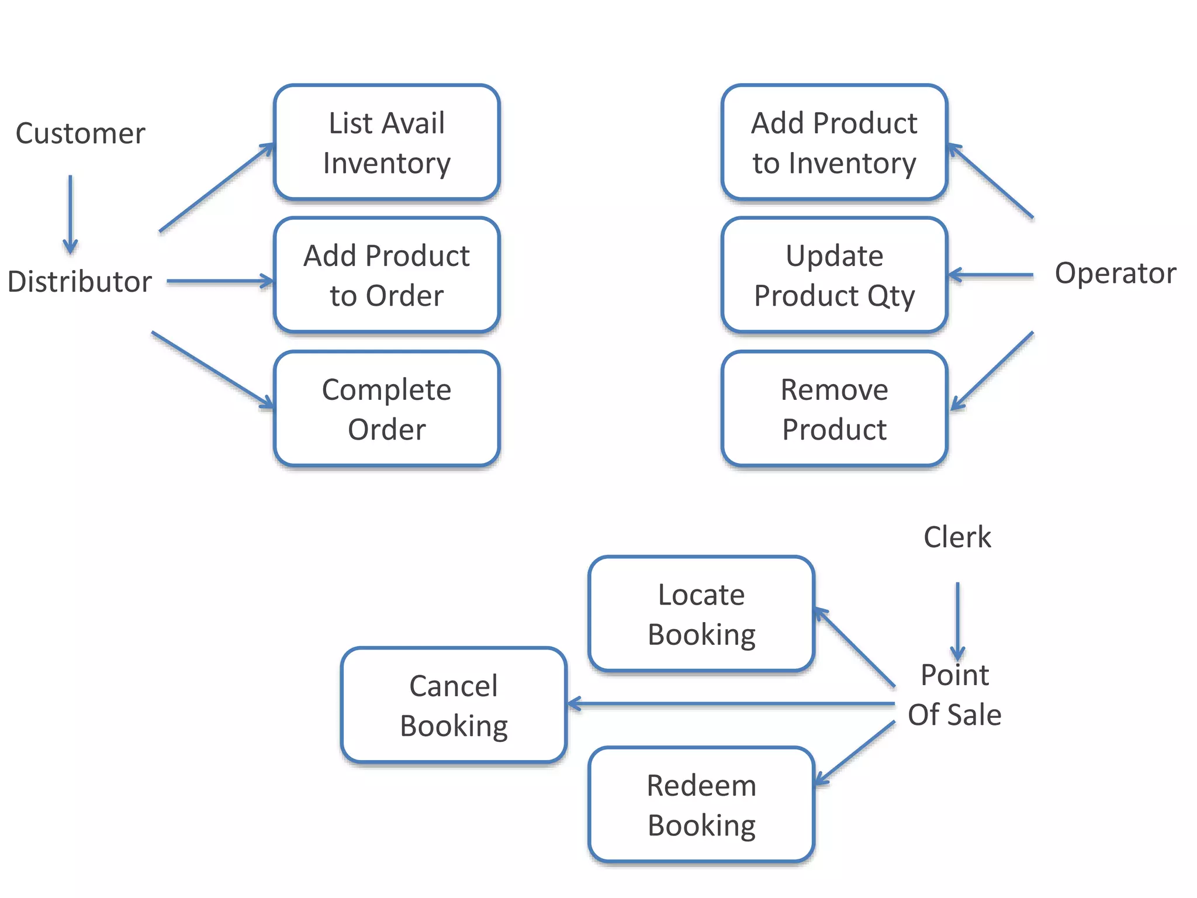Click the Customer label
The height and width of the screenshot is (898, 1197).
80,134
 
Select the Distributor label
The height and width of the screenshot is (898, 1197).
79,282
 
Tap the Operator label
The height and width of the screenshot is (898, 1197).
1115,274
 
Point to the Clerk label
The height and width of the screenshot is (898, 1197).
957,537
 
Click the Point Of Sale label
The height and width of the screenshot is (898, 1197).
954,695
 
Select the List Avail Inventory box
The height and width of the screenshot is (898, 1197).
386,143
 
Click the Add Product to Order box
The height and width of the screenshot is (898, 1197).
386,275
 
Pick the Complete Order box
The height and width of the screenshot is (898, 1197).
386,409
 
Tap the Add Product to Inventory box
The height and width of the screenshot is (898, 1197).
834,143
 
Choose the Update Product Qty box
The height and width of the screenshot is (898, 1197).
834,275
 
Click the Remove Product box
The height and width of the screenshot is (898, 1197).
834,409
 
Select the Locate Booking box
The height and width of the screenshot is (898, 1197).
701,614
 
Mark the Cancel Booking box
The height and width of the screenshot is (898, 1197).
454,705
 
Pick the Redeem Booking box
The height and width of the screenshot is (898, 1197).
701,804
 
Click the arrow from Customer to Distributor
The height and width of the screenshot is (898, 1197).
70,214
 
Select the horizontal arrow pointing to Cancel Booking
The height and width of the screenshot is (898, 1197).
731,704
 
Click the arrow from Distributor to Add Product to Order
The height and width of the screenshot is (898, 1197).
220,281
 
